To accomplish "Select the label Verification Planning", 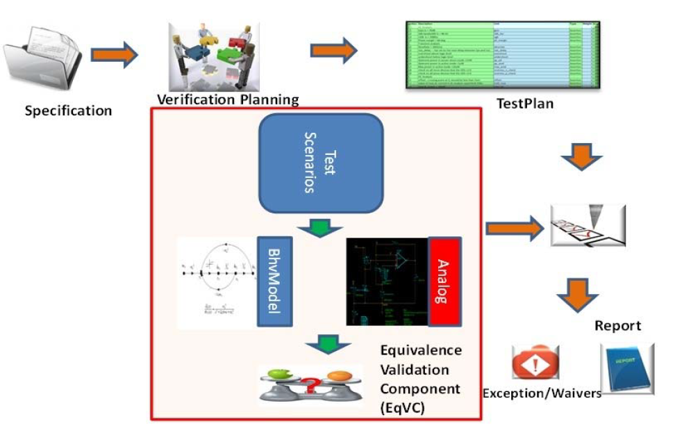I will (228, 99).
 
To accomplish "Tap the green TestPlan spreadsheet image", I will (502, 56).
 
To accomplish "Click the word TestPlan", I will (524, 105).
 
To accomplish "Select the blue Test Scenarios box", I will (322, 162).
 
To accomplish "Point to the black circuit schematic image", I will (387, 282).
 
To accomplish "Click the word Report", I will (617, 326).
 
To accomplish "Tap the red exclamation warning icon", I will (536, 363).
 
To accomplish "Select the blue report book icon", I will (626, 368).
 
